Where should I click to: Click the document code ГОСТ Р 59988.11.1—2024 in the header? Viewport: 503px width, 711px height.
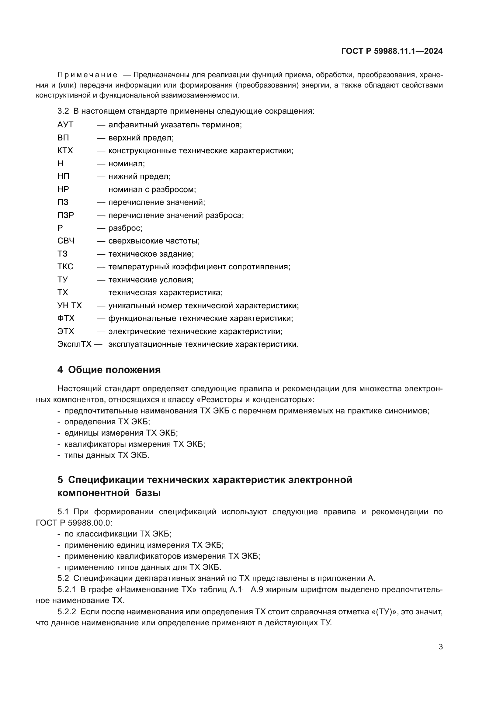pos(391,51)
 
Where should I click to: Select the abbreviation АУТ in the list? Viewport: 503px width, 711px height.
pos(65,125)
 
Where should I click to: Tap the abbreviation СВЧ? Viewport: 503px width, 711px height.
pos(66,241)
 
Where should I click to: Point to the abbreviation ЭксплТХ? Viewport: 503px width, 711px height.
pos(74,344)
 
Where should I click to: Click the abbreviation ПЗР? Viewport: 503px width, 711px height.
pos(66,215)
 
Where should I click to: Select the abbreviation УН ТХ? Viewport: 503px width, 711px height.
pos(70,305)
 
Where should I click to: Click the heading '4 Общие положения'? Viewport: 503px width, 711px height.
pos(109,370)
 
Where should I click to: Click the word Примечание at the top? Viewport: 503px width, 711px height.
pos(87,75)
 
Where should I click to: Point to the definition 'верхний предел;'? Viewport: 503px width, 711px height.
pos(141,138)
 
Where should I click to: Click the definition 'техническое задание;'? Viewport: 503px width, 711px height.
pos(151,254)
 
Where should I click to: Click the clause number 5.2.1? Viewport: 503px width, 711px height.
pos(67,589)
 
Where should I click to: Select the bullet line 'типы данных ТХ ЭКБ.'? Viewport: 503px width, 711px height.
pos(106,455)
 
